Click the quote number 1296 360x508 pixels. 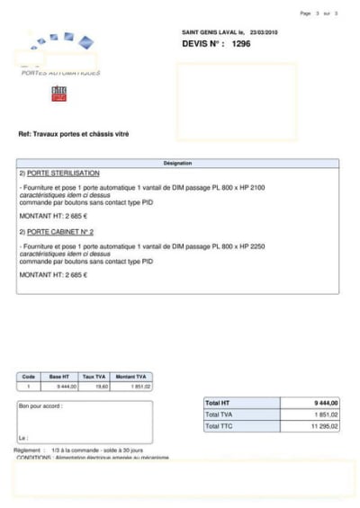(241, 43)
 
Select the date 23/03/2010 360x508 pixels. (264, 31)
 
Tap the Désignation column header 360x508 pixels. (177, 163)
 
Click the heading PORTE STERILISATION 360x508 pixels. (63, 173)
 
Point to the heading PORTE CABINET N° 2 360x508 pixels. (60, 231)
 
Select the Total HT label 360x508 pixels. (218, 403)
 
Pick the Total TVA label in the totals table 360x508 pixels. (219, 414)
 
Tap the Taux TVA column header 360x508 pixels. (94, 377)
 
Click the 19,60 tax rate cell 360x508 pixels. (102, 386)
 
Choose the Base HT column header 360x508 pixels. (59, 377)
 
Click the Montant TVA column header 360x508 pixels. (132, 377)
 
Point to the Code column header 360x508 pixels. (28, 377)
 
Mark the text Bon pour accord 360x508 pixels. (40, 406)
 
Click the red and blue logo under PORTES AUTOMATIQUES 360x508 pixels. (59, 92)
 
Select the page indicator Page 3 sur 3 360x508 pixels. (319, 13)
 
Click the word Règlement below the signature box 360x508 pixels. (28, 450)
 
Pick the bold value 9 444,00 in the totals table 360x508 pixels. (326, 403)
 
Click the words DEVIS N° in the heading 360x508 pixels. (202, 43)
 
